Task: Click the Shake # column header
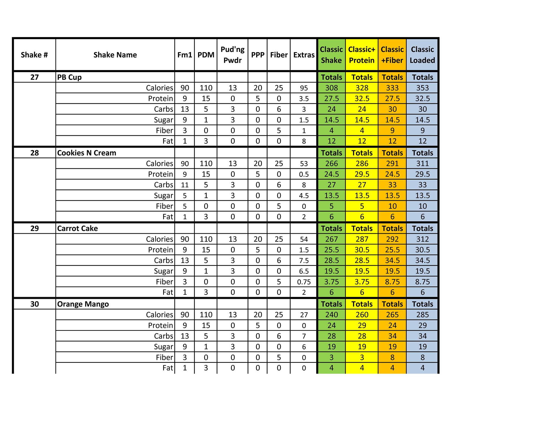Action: click(x=34, y=55)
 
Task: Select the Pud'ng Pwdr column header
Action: click(x=232, y=55)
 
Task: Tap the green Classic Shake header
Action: click(x=331, y=55)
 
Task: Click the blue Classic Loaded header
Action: click(x=422, y=55)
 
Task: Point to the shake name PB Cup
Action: click(x=69, y=77)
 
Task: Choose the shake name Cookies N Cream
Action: click(x=87, y=153)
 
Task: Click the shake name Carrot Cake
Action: click(x=77, y=229)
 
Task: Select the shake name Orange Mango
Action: click(x=83, y=304)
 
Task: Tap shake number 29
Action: click(x=34, y=229)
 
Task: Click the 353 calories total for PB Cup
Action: click(x=422, y=88)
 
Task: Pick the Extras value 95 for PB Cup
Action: click(x=304, y=88)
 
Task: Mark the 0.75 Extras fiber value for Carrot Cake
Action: click(x=304, y=282)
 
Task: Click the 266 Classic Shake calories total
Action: click(x=331, y=164)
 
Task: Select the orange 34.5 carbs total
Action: click(x=392, y=261)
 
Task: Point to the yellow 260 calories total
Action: click(x=362, y=315)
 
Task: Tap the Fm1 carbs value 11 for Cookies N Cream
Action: click(x=184, y=185)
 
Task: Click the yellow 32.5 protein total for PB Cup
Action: click(x=362, y=98)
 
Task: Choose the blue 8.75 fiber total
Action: click(x=422, y=282)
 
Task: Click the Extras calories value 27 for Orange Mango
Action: click(x=304, y=315)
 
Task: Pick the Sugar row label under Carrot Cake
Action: click(x=163, y=271)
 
